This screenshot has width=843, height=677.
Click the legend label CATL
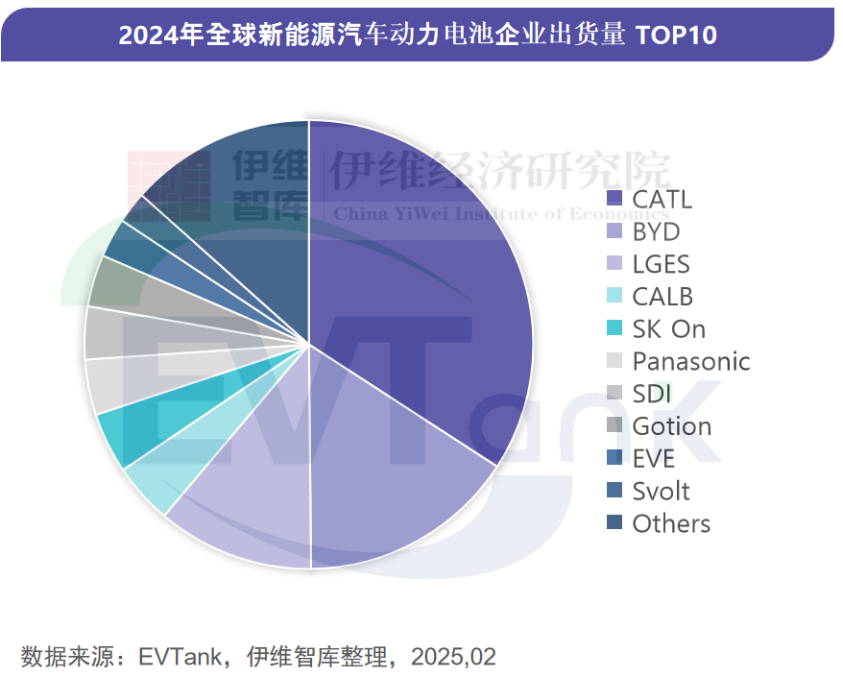(662, 200)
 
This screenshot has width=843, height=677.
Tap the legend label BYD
(656, 232)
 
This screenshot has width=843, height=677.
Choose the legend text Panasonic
(690, 361)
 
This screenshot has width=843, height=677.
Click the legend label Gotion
(671, 426)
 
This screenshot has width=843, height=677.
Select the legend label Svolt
(661, 491)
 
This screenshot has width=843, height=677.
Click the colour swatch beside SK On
(614, 328)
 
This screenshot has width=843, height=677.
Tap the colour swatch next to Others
(614, 523)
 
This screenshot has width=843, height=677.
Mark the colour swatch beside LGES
(614, 264)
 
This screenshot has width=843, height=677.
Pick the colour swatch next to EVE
(614, 459)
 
